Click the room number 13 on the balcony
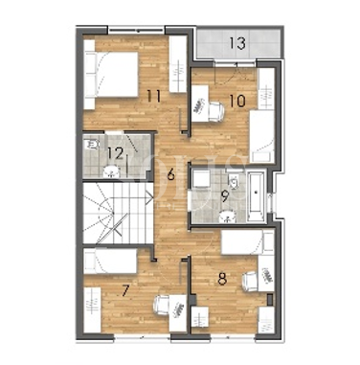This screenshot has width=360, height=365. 237,43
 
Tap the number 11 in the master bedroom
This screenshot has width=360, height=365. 153,96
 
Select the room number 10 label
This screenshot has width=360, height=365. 237,101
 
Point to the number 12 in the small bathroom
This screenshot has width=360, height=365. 115,153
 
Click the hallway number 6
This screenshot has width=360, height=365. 171,174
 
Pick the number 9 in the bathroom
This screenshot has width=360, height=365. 225,196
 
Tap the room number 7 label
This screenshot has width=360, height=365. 125,290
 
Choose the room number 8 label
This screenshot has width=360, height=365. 222,279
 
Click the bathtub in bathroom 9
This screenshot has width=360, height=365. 256,196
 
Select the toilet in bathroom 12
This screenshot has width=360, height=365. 93,145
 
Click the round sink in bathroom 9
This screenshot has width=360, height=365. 227,217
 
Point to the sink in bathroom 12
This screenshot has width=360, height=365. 111,172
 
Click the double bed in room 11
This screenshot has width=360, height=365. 111,74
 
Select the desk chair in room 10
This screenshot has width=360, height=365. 216,111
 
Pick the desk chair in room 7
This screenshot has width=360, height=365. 161,306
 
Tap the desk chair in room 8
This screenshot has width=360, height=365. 250,282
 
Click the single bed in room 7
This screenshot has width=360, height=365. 110,262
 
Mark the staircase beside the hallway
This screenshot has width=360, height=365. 118,214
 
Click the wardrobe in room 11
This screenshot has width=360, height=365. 178,64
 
